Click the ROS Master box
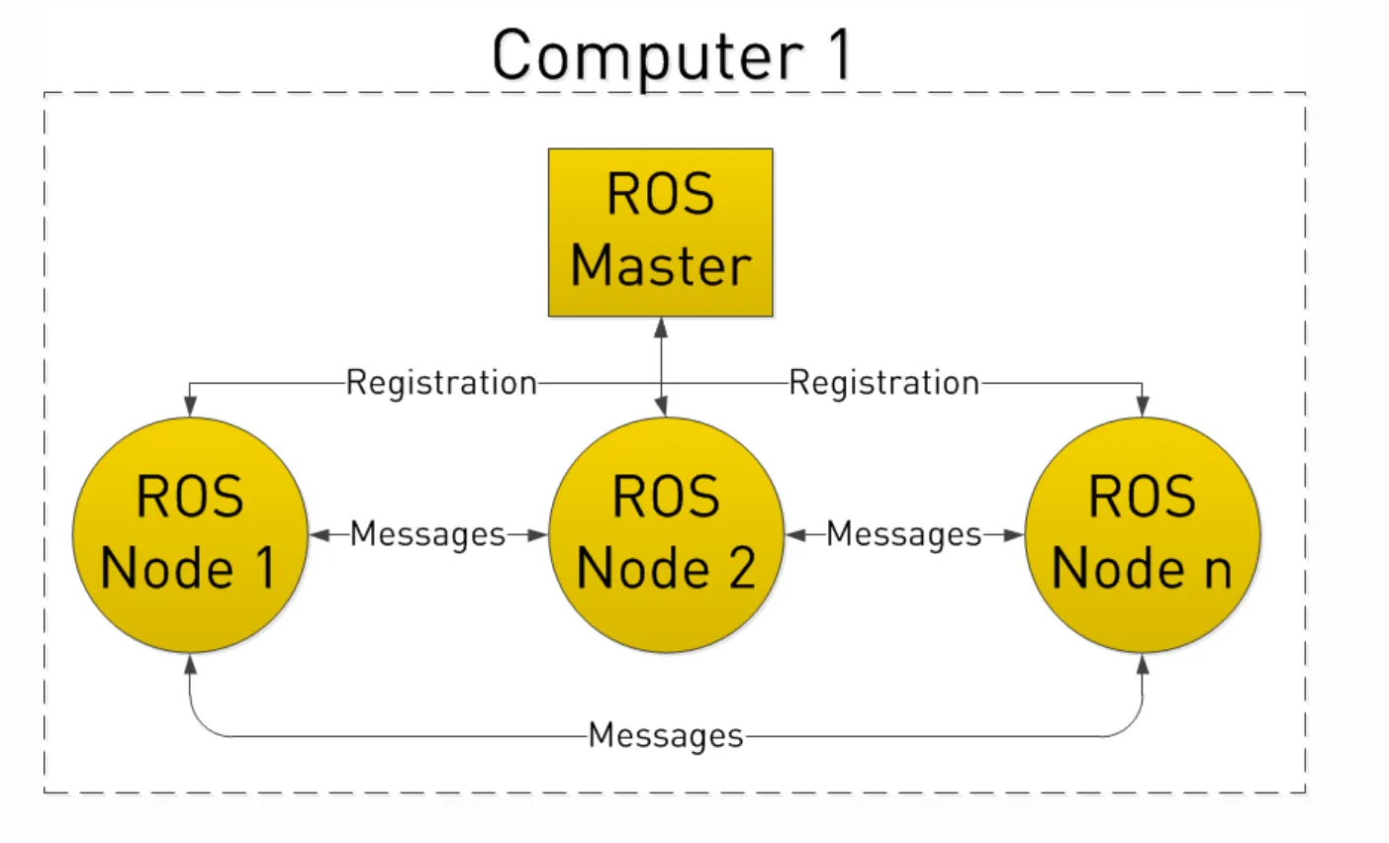(x=660, y=233)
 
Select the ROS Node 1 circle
(x=190, y=534)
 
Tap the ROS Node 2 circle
(x=666, y=534)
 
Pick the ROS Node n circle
(x=1143, y=534)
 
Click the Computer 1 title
(x=671, y=55)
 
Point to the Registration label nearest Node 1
(x=441, y=382)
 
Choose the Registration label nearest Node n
(x=883, y=382)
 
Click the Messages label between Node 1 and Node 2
(x=427, y=534)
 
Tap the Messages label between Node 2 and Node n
(x=903, y=534)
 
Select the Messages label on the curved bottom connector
(x=666, y=735)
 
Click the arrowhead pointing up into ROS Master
(x=661, y=327)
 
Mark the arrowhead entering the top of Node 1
(x=190, y=407)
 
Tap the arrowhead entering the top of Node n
(x=1143, y=407)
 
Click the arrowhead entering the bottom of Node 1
(x=190, y=662)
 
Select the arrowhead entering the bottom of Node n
(x=1143, y=662)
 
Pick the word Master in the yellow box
(x=660, y=266)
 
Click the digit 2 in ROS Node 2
(x=736, y=568)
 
